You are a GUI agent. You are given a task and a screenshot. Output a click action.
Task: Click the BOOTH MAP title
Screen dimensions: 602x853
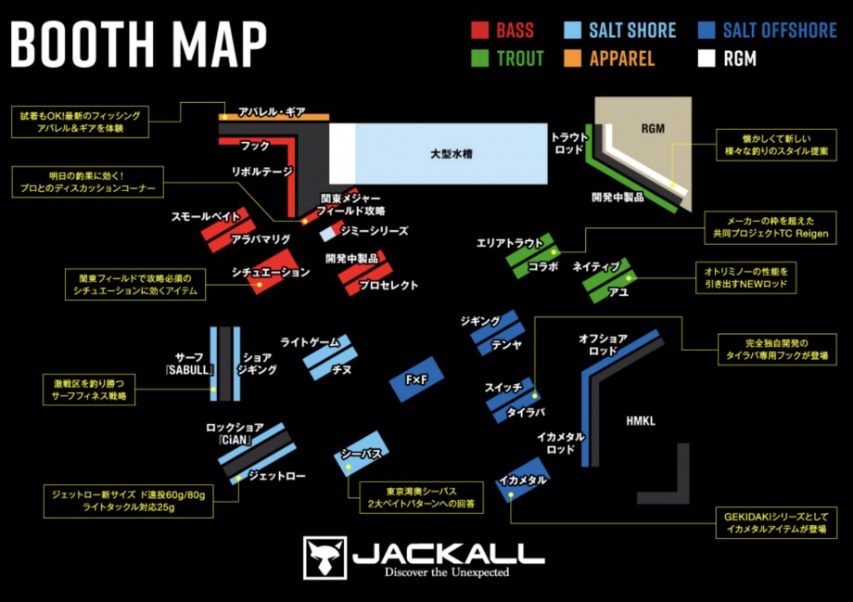point(139,44)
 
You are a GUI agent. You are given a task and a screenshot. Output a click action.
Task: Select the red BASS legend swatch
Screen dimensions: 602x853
point(479,30)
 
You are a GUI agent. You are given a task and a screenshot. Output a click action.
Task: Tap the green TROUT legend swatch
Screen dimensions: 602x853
point(479,58)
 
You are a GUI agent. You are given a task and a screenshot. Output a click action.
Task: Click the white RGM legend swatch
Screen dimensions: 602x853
point(706,58)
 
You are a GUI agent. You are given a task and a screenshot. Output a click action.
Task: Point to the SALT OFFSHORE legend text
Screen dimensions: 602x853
point(779,30)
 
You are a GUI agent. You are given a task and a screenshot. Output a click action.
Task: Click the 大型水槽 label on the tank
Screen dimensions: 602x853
point(452,153)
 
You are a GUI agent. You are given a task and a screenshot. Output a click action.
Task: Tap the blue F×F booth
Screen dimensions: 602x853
point(417,379)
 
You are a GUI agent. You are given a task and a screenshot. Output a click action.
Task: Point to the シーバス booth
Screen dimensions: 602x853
point(360,454)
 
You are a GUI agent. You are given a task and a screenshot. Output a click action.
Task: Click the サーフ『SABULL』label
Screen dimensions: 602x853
point(189,364)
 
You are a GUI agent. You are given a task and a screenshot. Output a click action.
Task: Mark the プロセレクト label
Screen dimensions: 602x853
point(388,286)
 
